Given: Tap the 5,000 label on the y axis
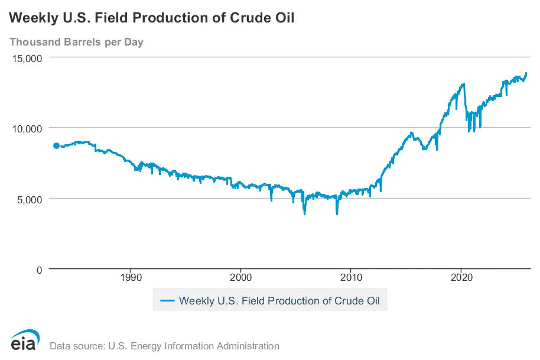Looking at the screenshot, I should [27, 199].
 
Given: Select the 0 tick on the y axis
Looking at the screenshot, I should [38, 270].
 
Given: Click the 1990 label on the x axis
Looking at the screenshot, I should [131, 277].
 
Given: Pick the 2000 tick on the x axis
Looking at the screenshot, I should [241, 277].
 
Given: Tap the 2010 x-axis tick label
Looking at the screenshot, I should [351, 277].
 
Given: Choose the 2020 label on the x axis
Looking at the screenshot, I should [461, 277].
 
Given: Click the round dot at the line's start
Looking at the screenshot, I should [56, 145].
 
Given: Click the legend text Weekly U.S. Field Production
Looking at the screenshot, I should [283, 300].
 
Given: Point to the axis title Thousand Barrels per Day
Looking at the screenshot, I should [76, 42].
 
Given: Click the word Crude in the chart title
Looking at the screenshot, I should [245, 18].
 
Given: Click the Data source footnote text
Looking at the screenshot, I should [164, 346].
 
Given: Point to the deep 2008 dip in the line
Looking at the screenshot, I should [337, 213].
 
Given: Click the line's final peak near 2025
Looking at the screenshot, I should [526, 73].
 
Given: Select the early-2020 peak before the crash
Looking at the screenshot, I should [464, 84].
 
